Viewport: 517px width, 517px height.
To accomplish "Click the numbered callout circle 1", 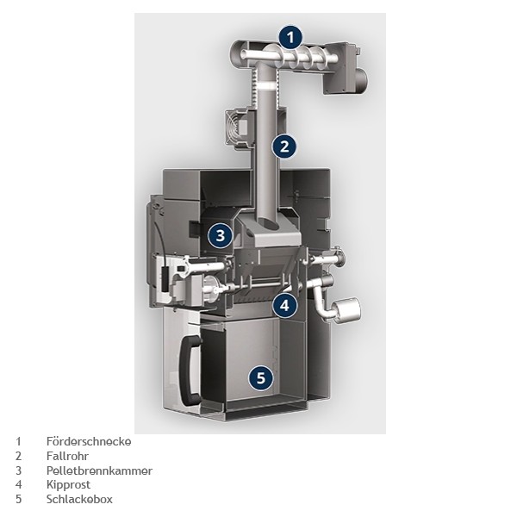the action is pos(290,37).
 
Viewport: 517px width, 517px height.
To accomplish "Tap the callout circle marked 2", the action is pos(284,146).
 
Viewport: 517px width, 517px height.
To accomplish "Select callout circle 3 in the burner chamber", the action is pos(221,235).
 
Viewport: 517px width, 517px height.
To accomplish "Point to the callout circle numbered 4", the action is pos(285,306).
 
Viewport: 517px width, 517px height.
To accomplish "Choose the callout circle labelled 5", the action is pos(261,378).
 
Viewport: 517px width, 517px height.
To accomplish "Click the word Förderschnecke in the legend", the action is pos(89,441).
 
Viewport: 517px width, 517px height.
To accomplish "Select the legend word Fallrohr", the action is pos(67,456).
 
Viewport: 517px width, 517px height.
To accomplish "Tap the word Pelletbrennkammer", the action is pos(99,470).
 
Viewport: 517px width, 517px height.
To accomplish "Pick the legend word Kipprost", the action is pos(68,484).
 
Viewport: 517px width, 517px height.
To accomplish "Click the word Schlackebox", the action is pos(79,499).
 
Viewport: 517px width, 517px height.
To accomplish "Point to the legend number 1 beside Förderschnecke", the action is pos(18,441).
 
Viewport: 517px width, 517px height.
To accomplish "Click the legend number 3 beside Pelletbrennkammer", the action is pos(18,470).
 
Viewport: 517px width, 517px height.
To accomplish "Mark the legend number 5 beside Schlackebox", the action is pos(18,499).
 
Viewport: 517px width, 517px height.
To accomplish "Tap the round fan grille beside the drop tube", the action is pos(236,127).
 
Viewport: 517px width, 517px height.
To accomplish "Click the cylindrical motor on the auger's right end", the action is pos(362,81).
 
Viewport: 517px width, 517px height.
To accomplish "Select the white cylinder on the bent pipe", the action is pos(346,309).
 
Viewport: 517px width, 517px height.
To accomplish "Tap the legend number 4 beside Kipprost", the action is pos(18,484).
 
